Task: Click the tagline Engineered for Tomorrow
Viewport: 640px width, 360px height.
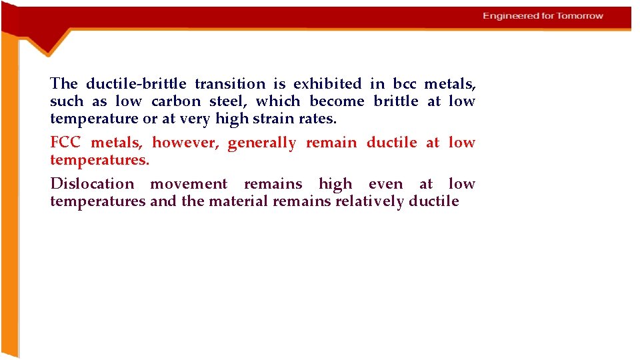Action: tap(543, 16)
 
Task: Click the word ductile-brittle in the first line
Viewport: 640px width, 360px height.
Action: tap(137, 84)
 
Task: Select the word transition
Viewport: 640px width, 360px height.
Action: tap(230, 84)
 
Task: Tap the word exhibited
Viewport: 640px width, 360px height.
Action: tap(327, 84)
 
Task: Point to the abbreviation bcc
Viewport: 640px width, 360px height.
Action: tap(404, 84)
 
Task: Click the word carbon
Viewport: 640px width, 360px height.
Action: tap(176, 101)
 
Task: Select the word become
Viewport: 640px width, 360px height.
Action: tap(337, 101)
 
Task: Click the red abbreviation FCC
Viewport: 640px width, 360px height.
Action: tap(65, 143)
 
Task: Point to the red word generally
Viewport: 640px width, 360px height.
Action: tap(262, 143)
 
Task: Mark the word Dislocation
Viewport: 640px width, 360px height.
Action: tap(92, 184)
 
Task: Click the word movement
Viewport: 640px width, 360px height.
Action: tap(189, 184)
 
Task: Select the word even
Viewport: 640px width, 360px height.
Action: tap(386, 184)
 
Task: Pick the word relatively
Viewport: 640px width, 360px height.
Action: tap(370, 201)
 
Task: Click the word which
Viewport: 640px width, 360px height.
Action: tap(278, 101)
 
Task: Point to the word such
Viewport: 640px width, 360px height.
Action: tap(67, 101)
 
